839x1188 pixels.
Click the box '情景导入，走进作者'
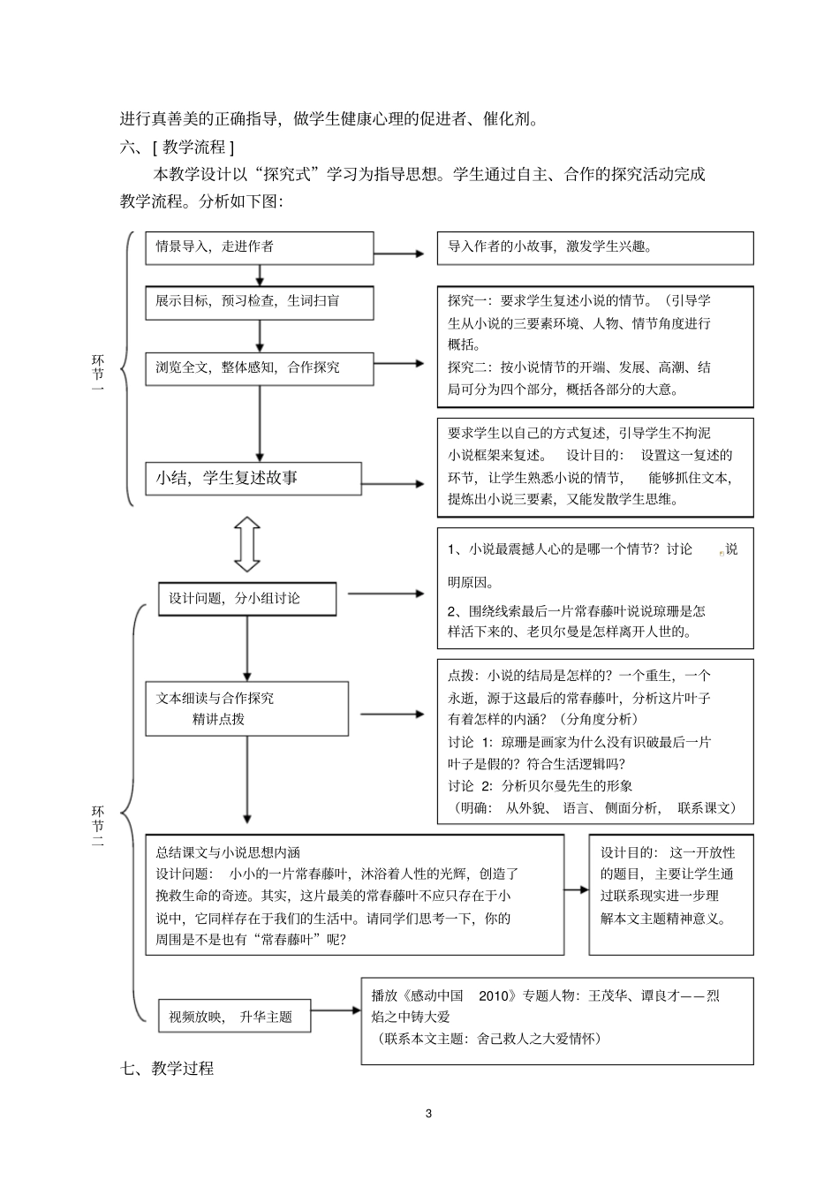259,247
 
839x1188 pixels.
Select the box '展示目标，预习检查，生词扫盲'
259,302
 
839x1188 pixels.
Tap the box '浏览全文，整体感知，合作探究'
259,367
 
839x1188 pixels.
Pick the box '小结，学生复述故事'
253,478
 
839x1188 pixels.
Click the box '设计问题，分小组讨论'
246,599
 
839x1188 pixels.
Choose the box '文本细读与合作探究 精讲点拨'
246,708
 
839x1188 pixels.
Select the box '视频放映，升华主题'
235,1017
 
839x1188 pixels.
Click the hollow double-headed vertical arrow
247,544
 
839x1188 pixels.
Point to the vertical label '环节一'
98,373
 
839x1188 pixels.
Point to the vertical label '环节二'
98,826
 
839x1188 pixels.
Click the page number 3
429,1113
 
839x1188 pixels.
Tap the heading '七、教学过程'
167,1069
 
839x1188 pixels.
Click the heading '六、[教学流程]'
177,147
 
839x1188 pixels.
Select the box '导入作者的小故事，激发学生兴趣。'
594,247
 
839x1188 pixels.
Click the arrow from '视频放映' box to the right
336,1011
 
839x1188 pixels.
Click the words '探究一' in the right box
465,301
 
